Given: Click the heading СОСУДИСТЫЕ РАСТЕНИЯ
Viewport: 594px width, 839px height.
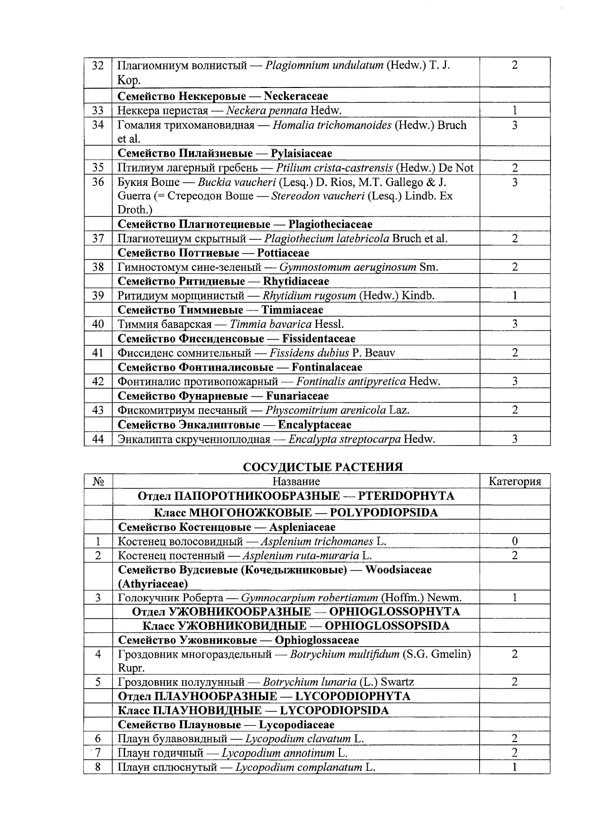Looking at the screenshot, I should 323,467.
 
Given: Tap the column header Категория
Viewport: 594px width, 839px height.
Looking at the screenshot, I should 514,482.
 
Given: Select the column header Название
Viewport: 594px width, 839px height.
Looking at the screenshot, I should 296,482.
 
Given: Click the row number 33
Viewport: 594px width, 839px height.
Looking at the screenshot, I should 98,111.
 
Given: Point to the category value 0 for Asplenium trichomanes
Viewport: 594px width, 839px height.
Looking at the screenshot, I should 514,541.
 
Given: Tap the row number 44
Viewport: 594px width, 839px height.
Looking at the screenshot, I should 98,439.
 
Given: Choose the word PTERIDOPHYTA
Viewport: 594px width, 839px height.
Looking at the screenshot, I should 406,496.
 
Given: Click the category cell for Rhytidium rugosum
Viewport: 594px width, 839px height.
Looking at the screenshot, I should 514,296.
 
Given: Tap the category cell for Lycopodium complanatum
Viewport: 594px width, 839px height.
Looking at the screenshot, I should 514,768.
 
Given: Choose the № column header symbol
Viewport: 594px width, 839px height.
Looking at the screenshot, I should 98,482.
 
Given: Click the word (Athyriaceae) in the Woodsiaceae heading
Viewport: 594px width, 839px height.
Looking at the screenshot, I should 152,583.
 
